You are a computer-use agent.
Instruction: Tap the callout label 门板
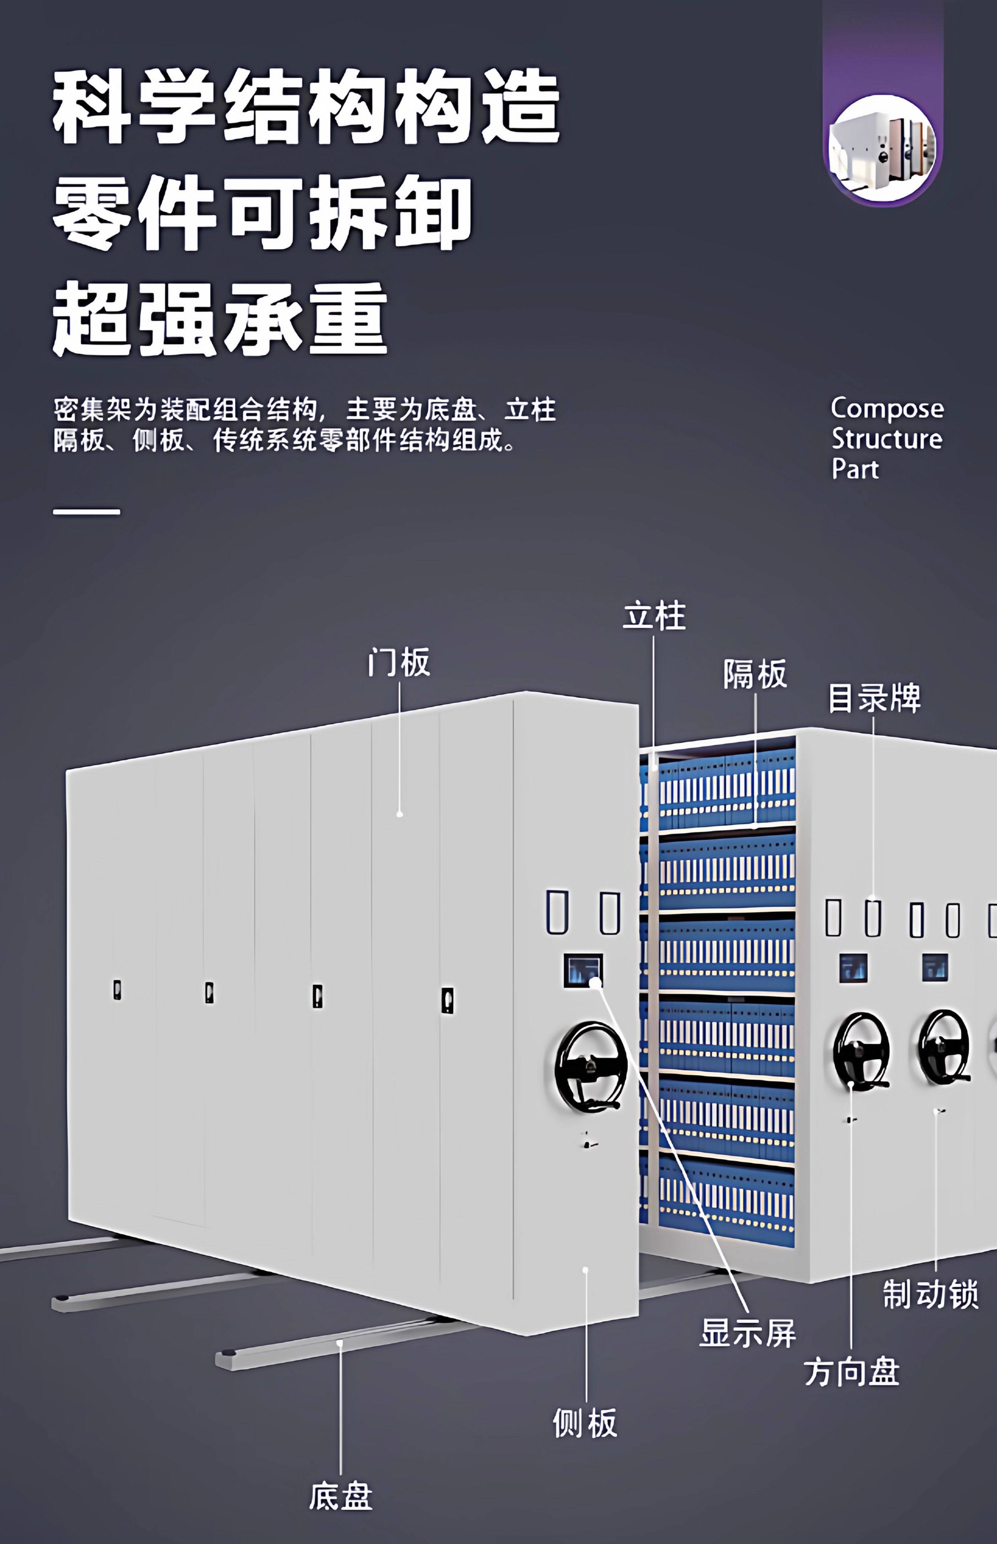pyautogui.click(x=399, y=662)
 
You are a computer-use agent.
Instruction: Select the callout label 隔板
pyautogui.click(x=755, y=674)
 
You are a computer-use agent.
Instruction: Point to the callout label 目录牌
pyautogui.click(x=874, y=698)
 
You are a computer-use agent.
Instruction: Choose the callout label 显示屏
pyautogui.click(x=748, y=1334)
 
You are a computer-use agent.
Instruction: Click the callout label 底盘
pyautogui.click(x=341, y=1496)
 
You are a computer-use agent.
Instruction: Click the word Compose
pyautogui.click(x=887, y=409)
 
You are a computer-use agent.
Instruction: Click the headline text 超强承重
pyautogui.click(x=220, y=318)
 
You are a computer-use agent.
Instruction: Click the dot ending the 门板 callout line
pyautogui.click(x=400, y=814)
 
